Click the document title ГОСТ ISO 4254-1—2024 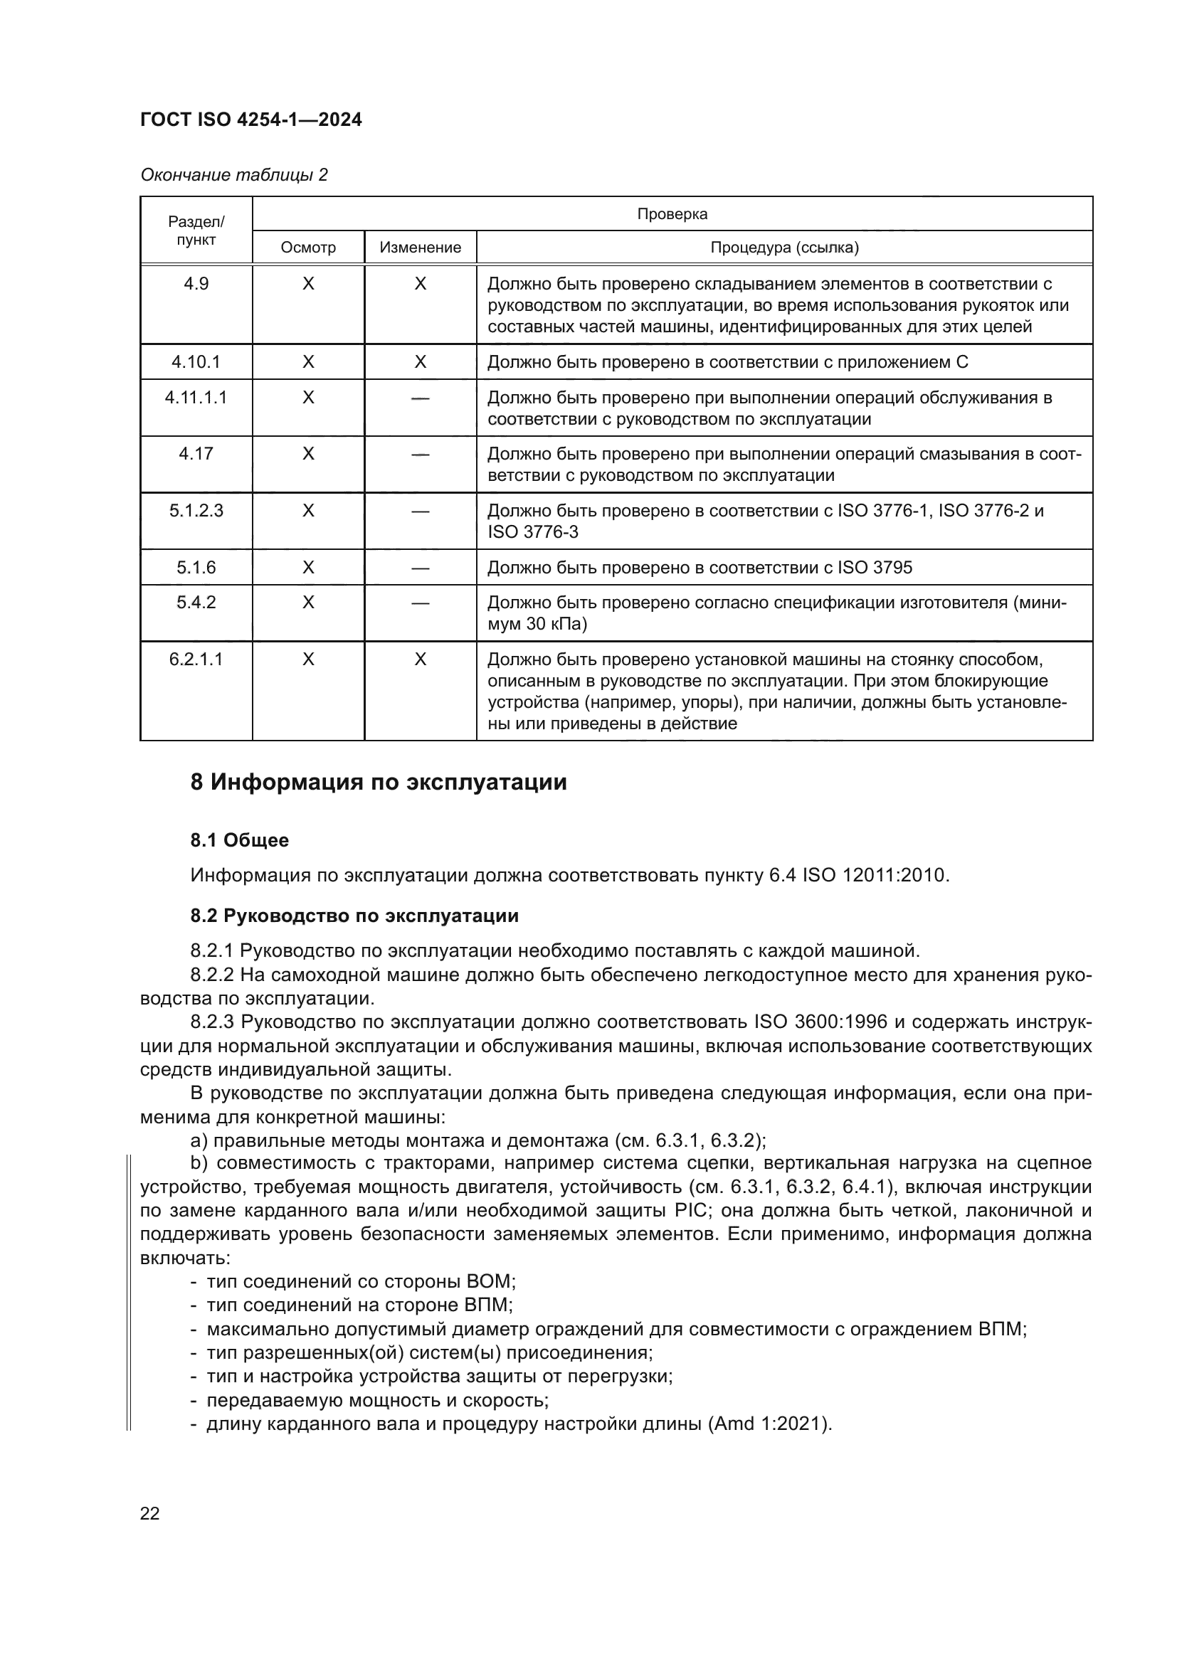tap(250, 120)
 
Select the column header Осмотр tap(308, 248)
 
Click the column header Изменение tap(421, 248)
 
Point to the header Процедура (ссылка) tap(784, 248)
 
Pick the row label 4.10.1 tap(196, 361)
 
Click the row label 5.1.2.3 tap(196, 511)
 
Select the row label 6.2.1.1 tap(196, 659)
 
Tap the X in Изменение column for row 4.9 tap(421, 284)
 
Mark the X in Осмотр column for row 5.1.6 tap(308, 568)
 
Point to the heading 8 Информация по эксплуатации tap(379, 783)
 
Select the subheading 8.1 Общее tap(239, 841)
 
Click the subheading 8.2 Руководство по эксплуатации tap(354, 916)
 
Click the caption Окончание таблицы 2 tap(233, 176)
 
